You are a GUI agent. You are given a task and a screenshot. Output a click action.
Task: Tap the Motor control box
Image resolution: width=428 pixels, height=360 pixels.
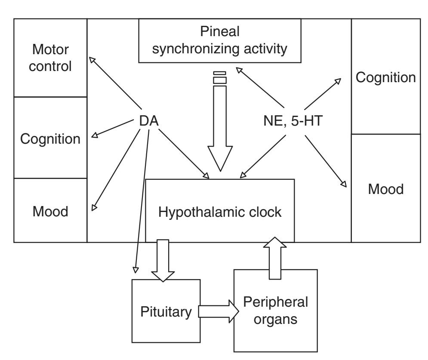50,58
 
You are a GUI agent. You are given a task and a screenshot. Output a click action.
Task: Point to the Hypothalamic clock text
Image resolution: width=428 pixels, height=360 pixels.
220,212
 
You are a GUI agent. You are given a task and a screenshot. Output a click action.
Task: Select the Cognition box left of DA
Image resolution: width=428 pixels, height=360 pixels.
50,138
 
